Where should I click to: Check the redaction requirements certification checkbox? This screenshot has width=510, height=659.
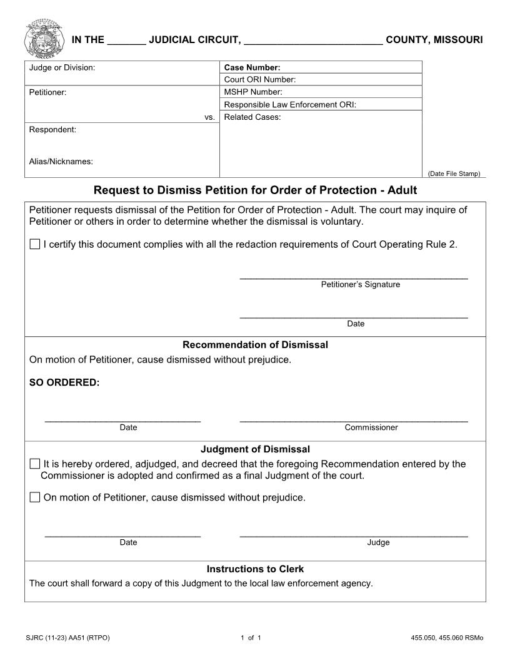35,244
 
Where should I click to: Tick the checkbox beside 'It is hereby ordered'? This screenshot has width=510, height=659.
35,464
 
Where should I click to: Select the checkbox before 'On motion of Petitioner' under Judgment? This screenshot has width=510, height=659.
35,497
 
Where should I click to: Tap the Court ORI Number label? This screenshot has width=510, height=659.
260,79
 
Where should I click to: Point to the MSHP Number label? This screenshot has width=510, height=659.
253,92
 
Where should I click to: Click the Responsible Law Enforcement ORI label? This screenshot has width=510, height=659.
290,104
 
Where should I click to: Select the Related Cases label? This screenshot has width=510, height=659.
252,117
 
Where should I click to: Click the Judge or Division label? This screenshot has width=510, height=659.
62,67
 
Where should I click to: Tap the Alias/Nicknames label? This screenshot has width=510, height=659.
61,162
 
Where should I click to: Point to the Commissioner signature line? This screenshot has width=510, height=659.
354,419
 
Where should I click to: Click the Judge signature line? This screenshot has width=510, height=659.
354,534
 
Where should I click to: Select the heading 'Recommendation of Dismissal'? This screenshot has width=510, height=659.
255,344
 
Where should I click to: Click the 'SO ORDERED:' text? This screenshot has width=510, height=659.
64,383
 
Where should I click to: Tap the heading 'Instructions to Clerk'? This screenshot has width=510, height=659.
255,569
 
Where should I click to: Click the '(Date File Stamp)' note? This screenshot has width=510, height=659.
454,173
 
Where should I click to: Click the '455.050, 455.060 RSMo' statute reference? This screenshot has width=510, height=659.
447,638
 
